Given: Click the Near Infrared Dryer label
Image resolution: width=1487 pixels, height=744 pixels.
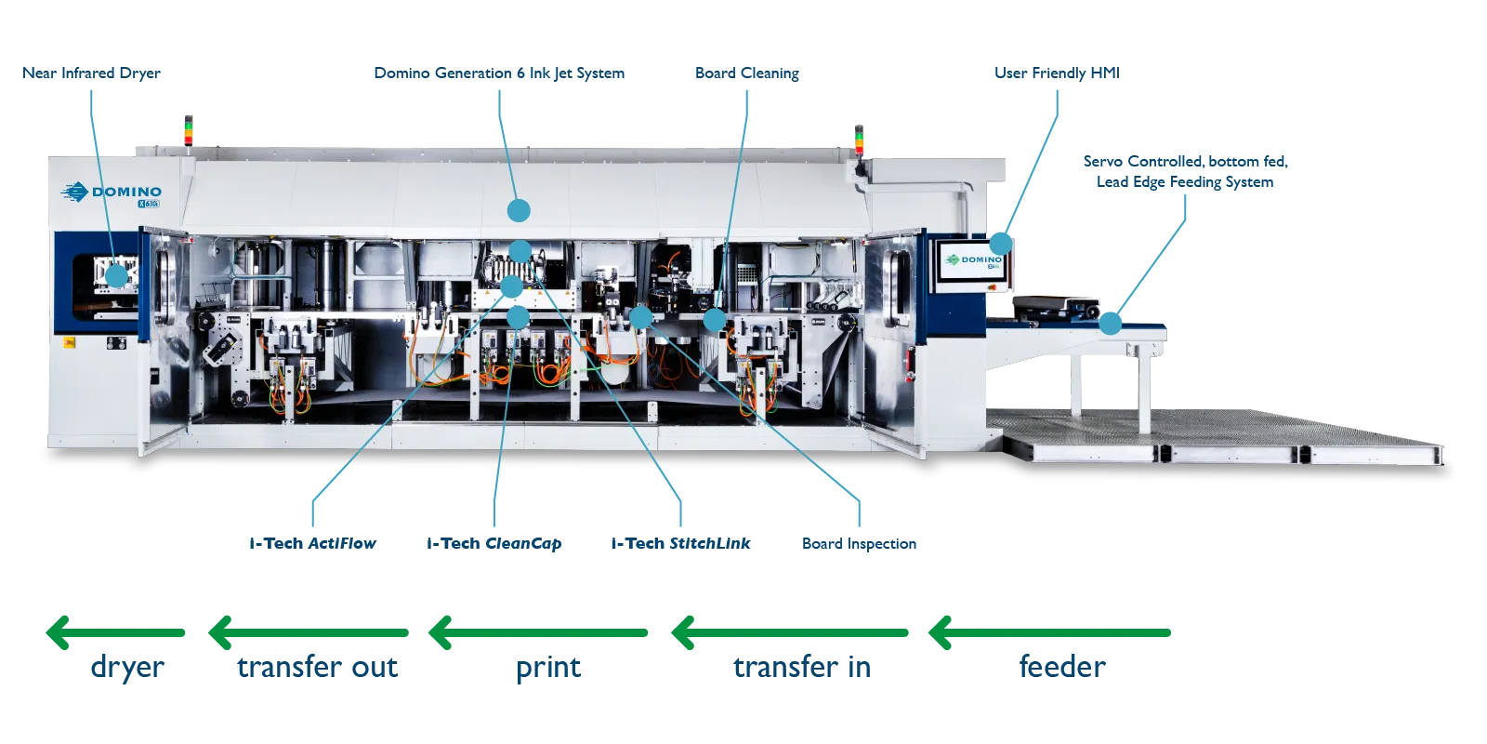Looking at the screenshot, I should click(93, 73).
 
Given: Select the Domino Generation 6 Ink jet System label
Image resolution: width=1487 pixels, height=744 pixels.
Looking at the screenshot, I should click(498, 73).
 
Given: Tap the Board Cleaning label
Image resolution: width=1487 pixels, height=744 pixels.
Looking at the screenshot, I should click(746, 73).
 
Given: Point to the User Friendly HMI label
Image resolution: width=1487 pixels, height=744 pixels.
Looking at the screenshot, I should click(1055, 73).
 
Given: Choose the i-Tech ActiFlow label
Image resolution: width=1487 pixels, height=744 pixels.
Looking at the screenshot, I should click(312, 543).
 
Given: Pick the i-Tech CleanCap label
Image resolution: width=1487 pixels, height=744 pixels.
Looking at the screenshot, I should click(493, 543).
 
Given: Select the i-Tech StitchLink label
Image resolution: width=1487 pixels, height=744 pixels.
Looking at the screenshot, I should click(680, 543).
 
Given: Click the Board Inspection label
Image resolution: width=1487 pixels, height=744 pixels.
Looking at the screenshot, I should click(862, 543).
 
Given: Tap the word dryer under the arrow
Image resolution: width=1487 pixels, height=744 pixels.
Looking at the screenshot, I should click(127, 666).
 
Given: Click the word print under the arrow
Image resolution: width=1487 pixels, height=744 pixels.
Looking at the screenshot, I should click(549, 666).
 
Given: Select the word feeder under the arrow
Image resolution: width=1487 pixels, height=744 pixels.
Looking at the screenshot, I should click(1062, 666).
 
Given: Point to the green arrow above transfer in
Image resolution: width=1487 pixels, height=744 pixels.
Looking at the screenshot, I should click(790, 632).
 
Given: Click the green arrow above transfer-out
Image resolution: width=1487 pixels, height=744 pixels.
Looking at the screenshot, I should click(306, 632).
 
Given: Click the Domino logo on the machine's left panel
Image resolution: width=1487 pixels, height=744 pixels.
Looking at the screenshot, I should click(112, 193).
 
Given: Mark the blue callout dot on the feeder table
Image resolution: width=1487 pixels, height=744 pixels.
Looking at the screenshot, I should click(1110, 324).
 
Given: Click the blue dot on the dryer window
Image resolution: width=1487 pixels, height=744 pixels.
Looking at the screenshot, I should click(116, 275).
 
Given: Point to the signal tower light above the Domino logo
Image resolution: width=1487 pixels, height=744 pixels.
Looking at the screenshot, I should click(189, 128).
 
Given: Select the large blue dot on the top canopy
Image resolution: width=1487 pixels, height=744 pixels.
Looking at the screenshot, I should click(519, 211).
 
